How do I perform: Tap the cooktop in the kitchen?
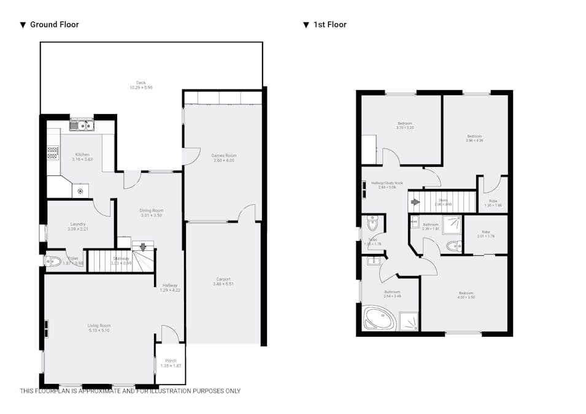pos(53,152)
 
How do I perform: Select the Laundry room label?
pos(78,224)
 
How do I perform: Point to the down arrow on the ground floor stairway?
pos(143,248)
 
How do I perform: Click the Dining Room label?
pos(151,210)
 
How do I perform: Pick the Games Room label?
pos(224,156)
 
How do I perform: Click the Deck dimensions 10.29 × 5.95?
pos(141,88)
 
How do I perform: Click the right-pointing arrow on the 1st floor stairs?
pos(415,202)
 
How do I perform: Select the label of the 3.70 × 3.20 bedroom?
pos(404,123)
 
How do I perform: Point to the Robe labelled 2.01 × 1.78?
pos(485,232)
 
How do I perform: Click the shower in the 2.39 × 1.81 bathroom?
pos(452,222)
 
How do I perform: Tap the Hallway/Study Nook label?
pos(387,183)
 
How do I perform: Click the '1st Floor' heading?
pos(330,25)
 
